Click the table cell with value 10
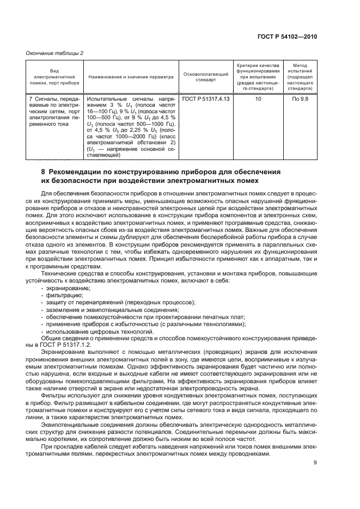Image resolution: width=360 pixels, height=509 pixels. [x=258, y=99]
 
